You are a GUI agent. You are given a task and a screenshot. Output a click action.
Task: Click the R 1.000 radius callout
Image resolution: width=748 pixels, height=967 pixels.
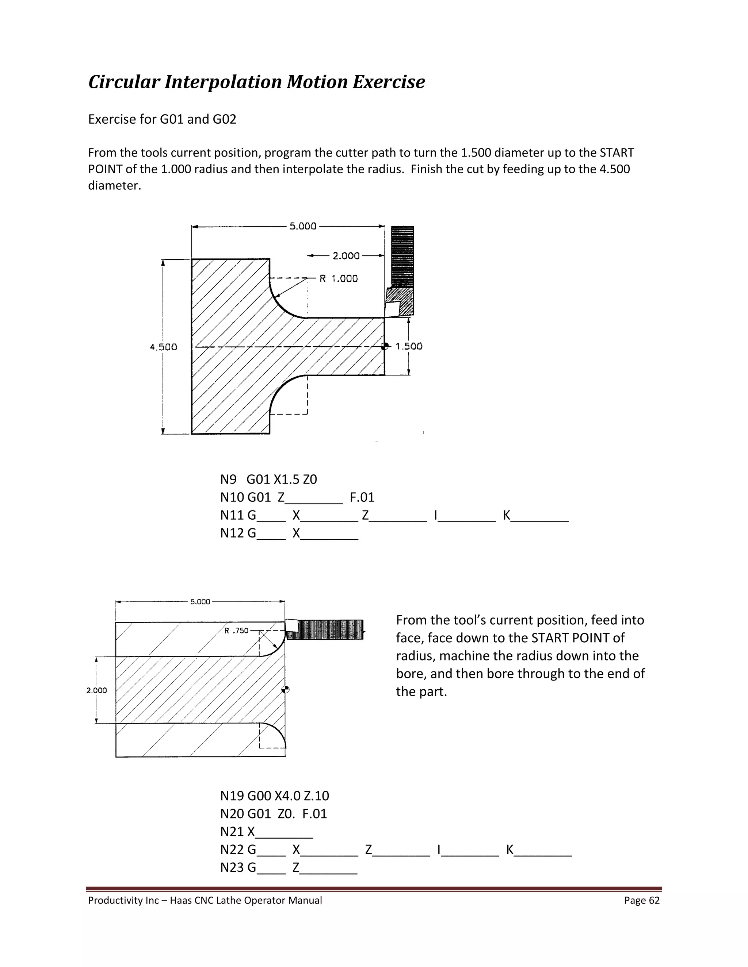[x=339, y=278]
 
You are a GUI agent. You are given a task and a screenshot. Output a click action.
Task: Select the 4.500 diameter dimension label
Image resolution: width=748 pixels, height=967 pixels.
[x=164, y=347]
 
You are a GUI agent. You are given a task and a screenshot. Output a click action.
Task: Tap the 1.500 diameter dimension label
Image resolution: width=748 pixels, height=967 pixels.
[x=409, y=346]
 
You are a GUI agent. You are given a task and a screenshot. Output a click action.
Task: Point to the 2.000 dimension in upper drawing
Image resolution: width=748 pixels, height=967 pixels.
[x=346, y=256]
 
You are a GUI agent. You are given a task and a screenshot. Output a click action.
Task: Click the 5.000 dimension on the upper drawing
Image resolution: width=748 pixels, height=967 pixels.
[x=303, y=226]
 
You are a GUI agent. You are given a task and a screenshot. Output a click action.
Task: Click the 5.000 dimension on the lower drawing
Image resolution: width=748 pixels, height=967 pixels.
[x=200, y=602]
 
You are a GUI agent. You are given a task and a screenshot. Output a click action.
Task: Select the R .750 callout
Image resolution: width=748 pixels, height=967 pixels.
[x=237, y=631]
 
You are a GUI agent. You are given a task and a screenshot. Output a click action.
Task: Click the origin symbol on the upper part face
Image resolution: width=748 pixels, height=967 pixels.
[x=385, y=346]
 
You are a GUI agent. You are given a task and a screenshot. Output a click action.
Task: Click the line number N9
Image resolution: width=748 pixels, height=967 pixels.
[x=228, y=479]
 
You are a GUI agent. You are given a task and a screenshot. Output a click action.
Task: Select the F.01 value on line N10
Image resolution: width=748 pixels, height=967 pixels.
[x=362, y=497]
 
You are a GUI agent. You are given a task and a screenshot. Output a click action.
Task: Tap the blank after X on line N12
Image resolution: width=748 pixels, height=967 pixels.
[x=329, y=533]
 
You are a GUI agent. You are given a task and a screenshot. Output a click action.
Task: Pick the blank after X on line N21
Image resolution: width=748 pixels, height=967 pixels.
[x=285, y=832]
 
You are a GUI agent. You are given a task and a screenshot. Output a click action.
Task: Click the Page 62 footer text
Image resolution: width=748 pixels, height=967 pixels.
[x=642, y=900]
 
